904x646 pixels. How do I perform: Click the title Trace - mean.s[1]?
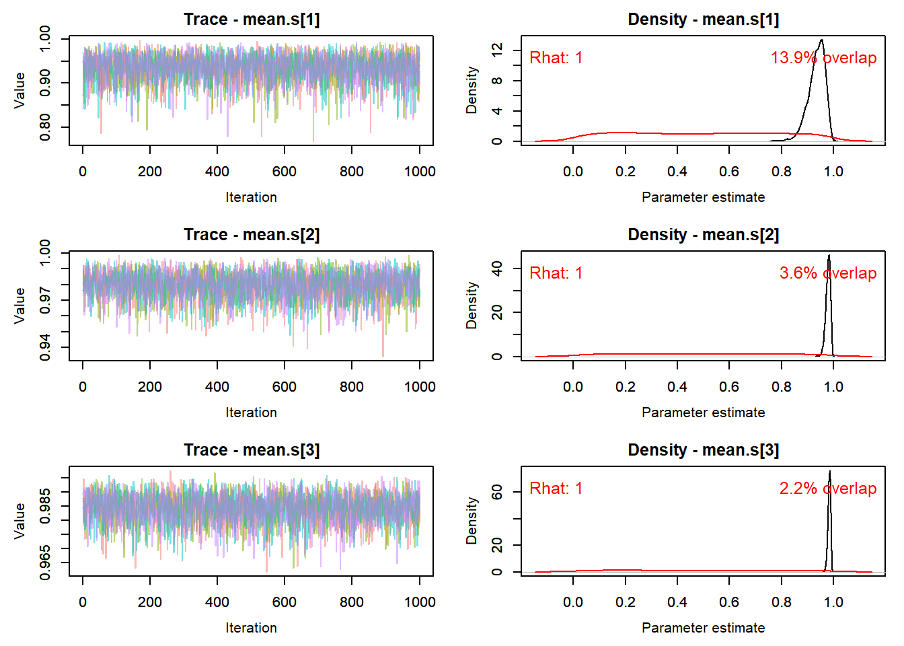252,20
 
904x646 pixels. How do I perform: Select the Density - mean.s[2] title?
703,235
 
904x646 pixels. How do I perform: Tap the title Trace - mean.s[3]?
252,450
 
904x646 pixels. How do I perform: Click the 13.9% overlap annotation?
823,58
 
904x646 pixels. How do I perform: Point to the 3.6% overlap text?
828,273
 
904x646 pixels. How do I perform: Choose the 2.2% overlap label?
828,488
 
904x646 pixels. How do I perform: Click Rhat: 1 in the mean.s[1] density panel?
556,58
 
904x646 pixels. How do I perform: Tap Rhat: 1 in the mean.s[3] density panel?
556,488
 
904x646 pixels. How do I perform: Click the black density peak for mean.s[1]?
822,40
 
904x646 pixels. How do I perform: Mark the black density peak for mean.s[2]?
829,255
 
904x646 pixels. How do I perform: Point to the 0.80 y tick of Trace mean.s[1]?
44,127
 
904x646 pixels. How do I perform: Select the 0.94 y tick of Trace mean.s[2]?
44,347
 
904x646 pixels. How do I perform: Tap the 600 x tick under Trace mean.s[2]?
284,387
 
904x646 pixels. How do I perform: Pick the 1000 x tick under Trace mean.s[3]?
420,602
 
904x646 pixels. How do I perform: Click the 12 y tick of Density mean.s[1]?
497,50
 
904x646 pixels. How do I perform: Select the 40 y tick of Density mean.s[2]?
497,268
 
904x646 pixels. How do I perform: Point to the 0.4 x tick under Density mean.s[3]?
677,602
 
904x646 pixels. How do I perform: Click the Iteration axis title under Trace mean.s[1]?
251,197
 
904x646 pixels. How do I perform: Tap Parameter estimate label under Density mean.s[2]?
703,412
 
